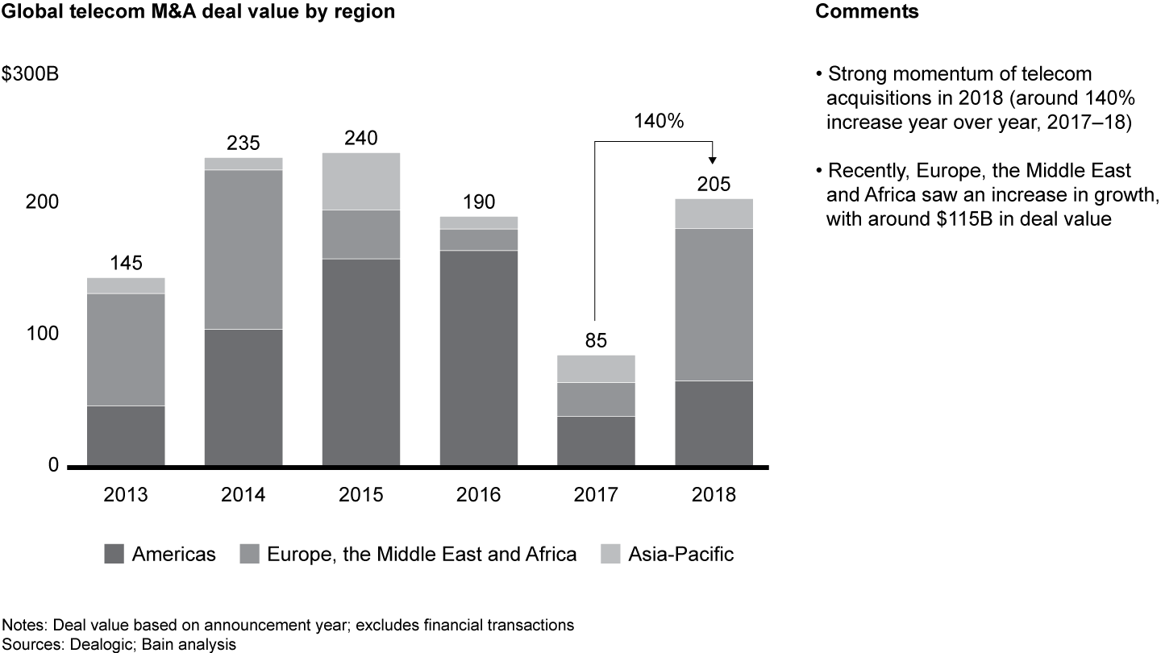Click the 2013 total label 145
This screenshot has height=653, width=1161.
coord(126,263)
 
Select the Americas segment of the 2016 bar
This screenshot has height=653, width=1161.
coord(479,358)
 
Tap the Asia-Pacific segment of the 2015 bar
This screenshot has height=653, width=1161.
coord(361,181)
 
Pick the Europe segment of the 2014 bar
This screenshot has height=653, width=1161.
coord(243,249)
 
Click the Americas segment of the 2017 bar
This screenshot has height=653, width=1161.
coord(596,441)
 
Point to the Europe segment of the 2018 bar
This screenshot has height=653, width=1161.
coord(714,304)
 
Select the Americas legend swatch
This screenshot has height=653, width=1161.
coord(114,555)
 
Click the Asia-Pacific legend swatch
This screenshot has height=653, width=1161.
coord(610,555)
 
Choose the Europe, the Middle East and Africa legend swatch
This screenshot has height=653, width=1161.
coord(250,555)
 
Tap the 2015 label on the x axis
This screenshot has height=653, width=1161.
coord(361,495)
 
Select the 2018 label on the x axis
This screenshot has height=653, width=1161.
coord(714,495)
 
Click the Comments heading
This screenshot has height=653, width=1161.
coord(867,12)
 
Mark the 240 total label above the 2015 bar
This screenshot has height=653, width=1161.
coord(361,138)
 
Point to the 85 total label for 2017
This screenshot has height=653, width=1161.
coord(596,340)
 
